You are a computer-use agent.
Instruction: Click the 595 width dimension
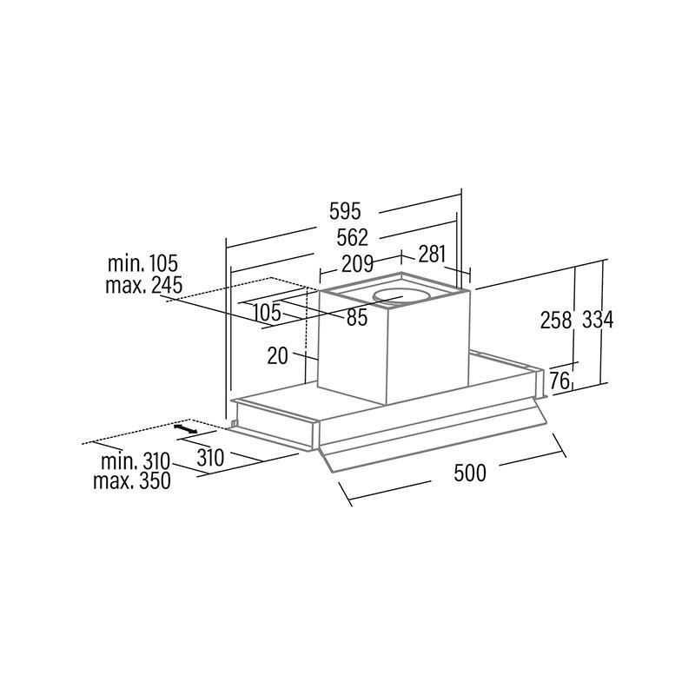345,211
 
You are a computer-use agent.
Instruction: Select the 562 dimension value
353,237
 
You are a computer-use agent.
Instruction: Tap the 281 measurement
432,254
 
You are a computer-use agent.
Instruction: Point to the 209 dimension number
358,264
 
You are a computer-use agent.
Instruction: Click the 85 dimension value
357,317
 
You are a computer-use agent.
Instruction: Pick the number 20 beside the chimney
278,355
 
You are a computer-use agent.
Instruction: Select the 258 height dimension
556,320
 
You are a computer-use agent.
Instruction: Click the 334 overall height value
598,320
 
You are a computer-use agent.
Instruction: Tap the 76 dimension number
559,381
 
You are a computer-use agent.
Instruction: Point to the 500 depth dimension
470,473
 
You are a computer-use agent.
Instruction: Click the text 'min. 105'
142,263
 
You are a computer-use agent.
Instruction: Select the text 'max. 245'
144,285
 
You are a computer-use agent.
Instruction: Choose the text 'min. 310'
136,462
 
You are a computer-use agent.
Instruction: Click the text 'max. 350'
132,481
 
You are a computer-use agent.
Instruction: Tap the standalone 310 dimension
210,458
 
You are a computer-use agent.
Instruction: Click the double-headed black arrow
185,428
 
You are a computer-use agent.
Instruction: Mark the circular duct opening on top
401,296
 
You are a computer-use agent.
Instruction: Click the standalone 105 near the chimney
268,313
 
